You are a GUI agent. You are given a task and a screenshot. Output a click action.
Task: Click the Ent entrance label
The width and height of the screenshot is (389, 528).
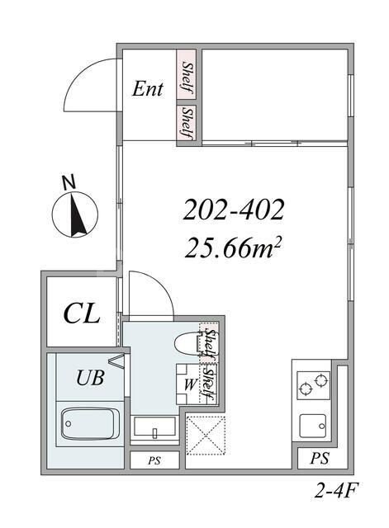tap(147, 89)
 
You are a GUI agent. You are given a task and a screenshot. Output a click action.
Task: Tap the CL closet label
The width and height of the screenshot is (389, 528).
tap(82, 313)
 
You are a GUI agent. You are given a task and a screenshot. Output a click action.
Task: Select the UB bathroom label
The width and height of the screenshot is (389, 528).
tap(90, 378)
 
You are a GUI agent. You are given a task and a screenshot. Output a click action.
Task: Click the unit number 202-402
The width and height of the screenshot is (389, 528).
tap(233, 210)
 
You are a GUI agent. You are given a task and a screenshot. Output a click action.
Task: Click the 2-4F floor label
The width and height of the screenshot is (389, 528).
tap(335, 492)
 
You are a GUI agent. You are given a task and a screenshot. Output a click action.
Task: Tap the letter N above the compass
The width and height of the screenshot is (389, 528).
tap(69, 182)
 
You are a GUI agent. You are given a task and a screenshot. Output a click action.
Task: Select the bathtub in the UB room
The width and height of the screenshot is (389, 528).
tap(89, 423)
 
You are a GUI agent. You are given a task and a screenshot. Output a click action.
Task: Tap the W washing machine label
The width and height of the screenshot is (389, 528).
tap(191, 384)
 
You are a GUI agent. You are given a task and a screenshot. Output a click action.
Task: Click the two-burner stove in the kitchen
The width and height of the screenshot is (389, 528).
tap(313, 385)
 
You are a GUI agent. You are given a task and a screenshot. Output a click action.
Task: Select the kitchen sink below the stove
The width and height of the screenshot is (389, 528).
tap(313, 426)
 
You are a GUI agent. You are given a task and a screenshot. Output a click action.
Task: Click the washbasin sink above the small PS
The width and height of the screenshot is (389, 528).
tap(154, 427)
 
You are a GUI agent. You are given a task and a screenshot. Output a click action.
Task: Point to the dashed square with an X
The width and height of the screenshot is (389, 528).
tap(206, 435)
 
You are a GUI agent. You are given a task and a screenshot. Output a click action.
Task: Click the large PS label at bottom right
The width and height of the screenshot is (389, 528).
tap(320, 459)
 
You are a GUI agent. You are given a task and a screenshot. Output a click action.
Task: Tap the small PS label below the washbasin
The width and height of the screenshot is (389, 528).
tap(154, 460)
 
